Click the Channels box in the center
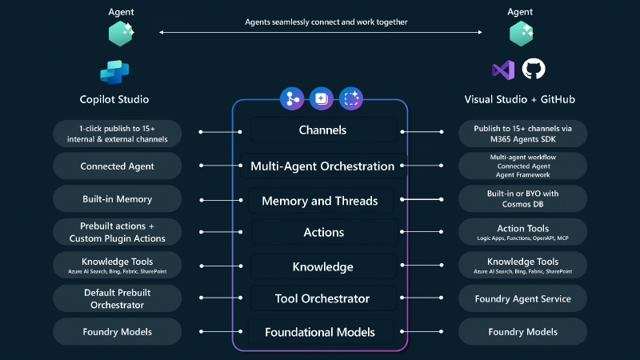point(322,130)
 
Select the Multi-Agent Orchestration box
point(322,166)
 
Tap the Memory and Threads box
point(322,201)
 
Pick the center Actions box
point(323,233)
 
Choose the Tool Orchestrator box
point(322,298)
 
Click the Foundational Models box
point(322,332)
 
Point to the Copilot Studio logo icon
point(114,71)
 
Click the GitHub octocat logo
point(534,69)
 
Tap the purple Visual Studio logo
point(503,70)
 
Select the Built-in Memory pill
point(116,198)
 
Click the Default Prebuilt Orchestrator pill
point(116,298)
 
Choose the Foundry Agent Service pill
point(523,298)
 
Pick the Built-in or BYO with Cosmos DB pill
point(523,198)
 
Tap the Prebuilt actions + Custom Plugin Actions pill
point(116,232)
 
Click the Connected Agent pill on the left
point(116,166)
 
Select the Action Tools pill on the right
point(523,232)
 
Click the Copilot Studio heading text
point(114,100)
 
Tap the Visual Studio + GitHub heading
point(519,100)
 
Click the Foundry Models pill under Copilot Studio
point(116,332)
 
